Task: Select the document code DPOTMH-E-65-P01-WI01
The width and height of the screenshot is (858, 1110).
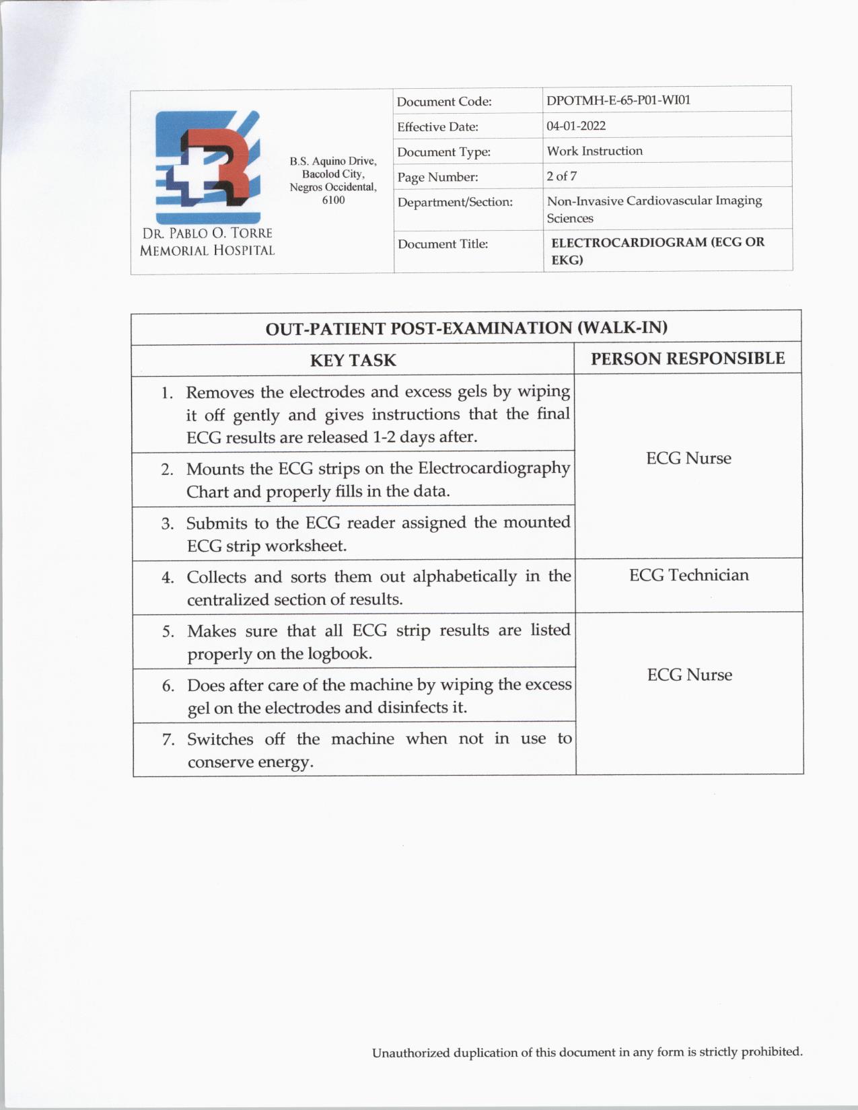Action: (618, 100)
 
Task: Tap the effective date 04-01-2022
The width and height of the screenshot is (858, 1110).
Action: (575, 126)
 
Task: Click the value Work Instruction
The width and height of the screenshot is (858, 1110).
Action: (594, 151)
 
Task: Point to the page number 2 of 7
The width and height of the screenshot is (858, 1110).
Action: (561, 176)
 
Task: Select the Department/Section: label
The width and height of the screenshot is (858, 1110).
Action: (454, 202)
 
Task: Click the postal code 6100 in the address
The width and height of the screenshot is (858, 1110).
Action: (333, 200)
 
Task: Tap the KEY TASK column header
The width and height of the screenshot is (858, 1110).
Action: (353, 361)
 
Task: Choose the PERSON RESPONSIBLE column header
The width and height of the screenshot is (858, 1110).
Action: (687, 359)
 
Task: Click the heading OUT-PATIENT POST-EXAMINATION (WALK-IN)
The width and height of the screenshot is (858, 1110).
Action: (466, 328)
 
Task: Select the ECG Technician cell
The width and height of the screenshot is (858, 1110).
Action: (688, 575)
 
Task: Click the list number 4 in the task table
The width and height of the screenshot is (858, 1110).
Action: (168, 578)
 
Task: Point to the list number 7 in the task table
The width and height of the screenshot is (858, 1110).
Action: (168, 740)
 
